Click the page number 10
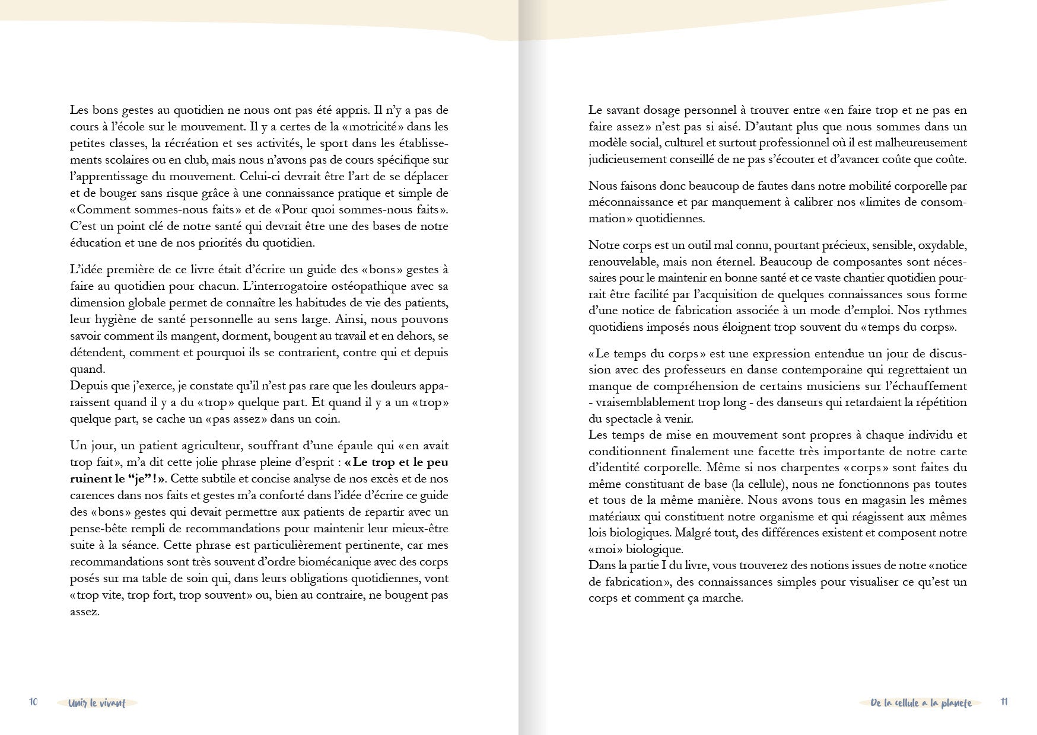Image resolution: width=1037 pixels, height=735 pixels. (33, 701)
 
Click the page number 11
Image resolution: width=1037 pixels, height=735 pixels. (1004, 701)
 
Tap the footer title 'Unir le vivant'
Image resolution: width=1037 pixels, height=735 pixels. (97, 703)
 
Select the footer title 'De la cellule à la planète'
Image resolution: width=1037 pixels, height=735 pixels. (921, 703)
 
